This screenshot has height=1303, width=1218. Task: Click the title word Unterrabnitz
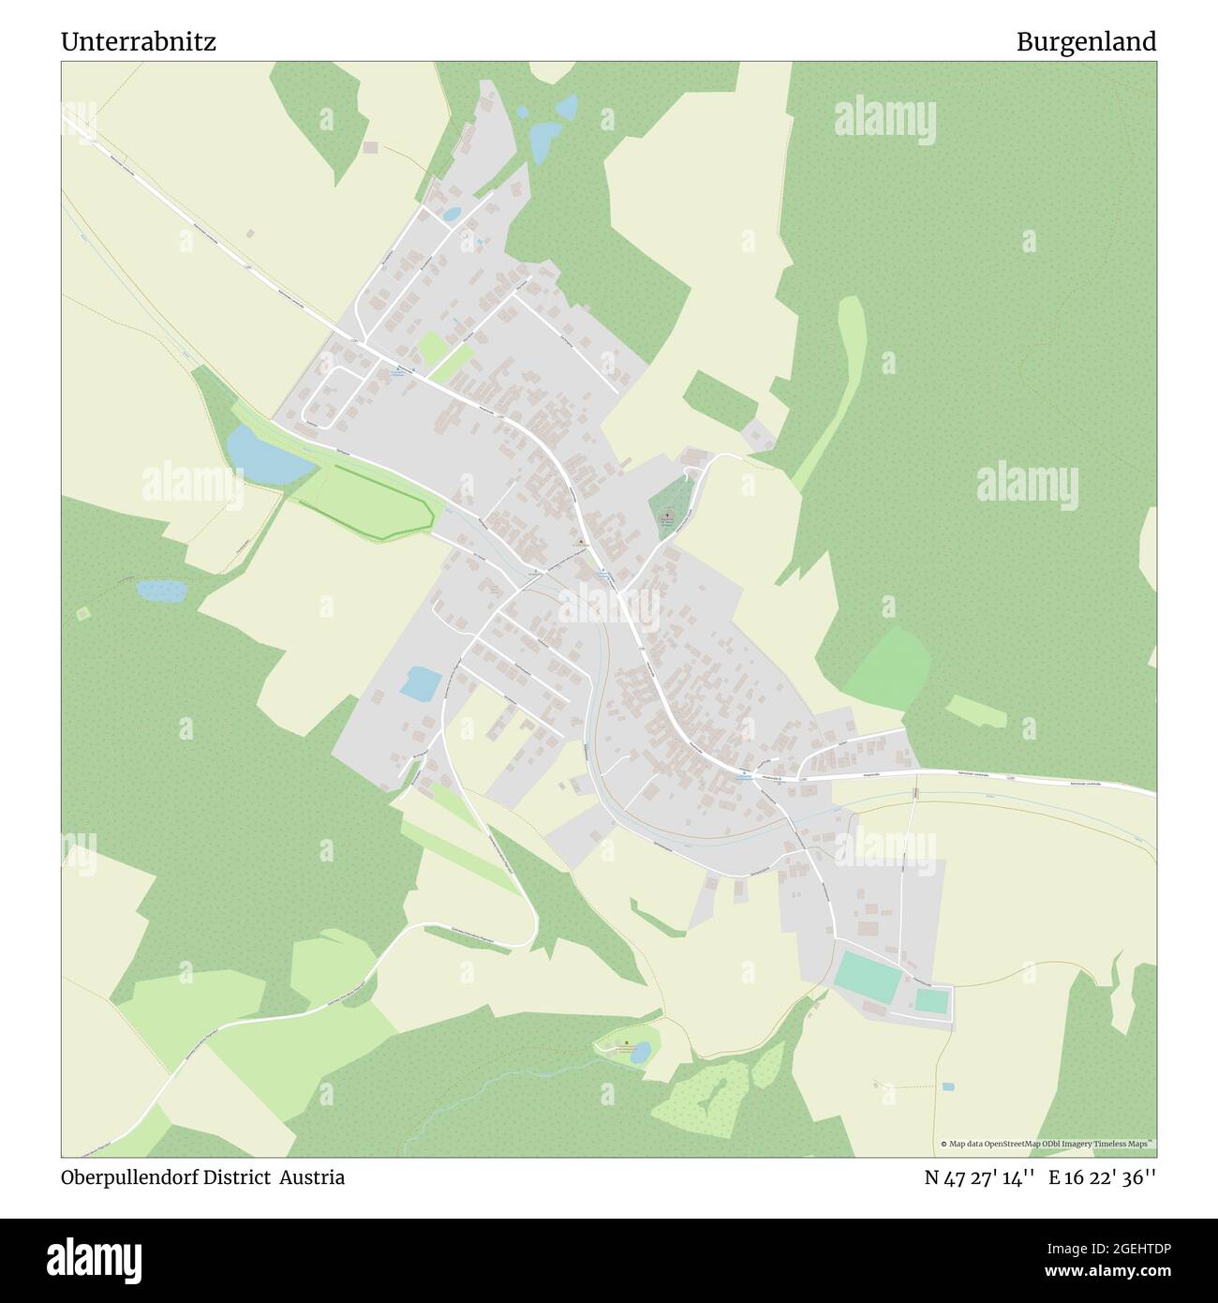pos(139,42)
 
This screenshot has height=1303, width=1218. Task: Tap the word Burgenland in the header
pos(1087,42)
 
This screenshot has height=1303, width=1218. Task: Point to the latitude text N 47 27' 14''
pos(978,1177)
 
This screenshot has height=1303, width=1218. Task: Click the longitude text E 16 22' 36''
pos(1103,1177)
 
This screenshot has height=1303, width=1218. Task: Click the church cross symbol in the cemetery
pos(668,515)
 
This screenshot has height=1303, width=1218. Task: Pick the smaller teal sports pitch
pos(931,1000)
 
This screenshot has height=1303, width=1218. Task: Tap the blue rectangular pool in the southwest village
pos(419,682)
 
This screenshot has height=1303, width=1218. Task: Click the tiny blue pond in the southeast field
pos(948,1086)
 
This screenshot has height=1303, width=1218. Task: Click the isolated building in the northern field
pos(371,147)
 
